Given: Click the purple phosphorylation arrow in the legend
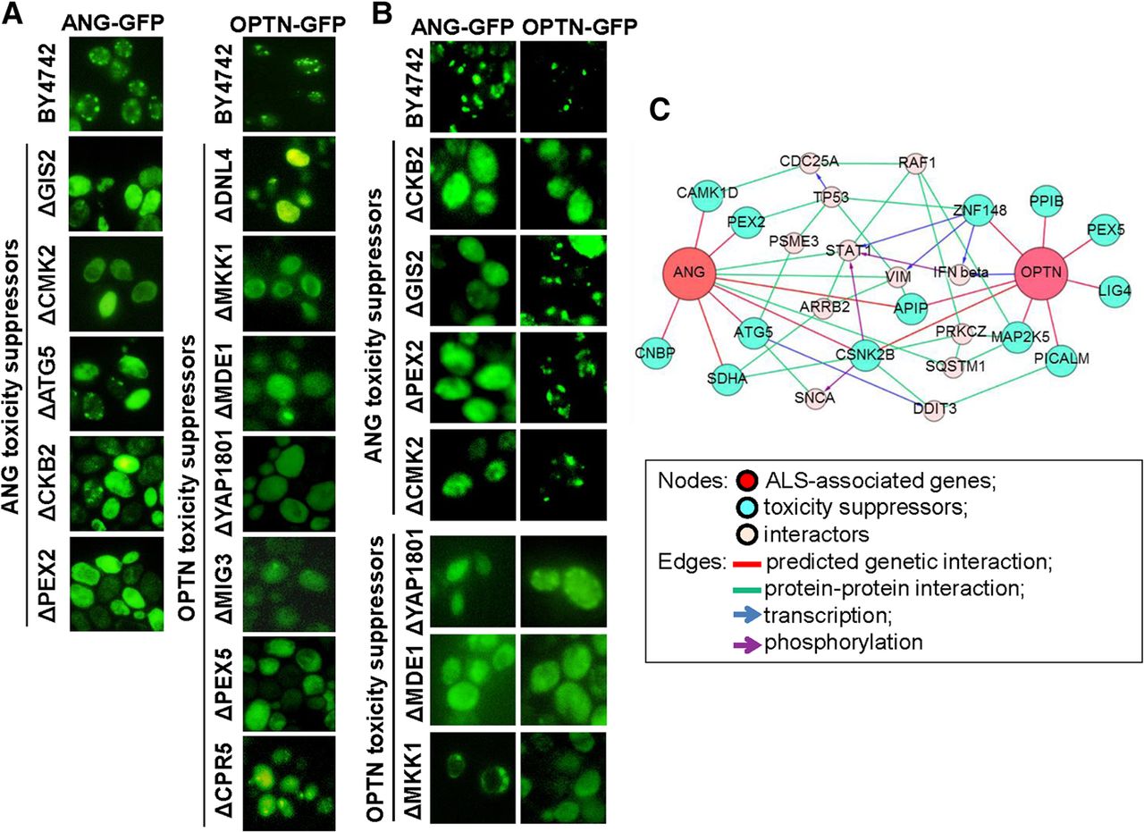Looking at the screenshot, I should pos(749,642).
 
